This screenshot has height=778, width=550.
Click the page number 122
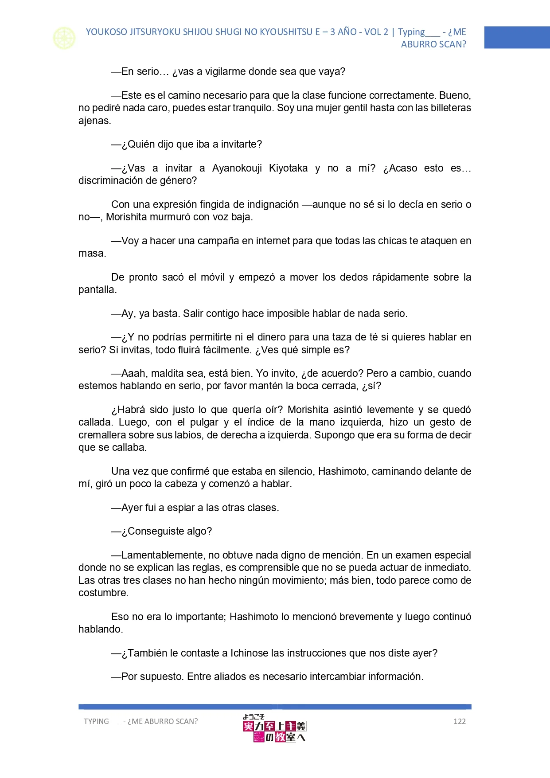459,721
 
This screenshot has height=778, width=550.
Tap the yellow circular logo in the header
64,38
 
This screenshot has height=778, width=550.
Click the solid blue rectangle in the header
517,37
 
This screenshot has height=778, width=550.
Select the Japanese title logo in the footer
274,728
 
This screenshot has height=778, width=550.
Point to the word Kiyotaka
288,168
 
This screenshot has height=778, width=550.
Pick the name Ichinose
250,653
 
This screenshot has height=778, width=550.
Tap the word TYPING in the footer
96,721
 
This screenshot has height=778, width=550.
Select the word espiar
179,508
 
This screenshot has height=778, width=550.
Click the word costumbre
102,593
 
